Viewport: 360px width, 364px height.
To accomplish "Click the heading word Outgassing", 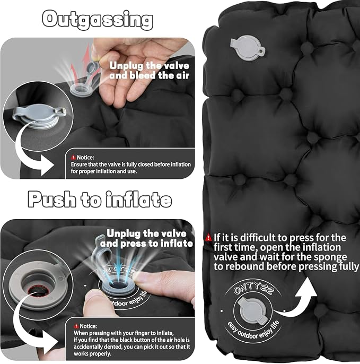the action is tap(98, 20).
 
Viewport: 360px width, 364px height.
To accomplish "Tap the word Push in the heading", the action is tap(52, 199).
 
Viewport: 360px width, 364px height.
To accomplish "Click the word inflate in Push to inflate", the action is tap(139, 199).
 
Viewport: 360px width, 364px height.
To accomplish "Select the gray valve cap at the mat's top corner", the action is tap(248, 48).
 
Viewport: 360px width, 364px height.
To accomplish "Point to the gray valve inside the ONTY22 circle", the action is tap(253, 311).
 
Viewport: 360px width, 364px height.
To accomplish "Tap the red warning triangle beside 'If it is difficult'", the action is tap(208, 238).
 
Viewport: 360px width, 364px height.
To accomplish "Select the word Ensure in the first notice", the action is tap(78, 164).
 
